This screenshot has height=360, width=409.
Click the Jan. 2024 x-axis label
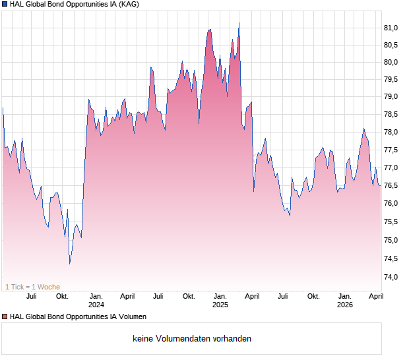click(x=96, y=300)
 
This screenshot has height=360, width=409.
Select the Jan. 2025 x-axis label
click(x=220, y=300)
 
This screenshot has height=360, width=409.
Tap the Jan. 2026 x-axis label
click(x=345, y=300)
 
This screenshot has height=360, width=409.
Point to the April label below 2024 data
click(x=127, y=296)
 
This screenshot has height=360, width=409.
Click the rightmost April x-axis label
click(x=375, y=296)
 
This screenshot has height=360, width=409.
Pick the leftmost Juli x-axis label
click(x=31, y=296)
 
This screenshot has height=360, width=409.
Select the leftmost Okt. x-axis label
click(x=62, y=296)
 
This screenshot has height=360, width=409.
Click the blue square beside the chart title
click(x=5, y=5)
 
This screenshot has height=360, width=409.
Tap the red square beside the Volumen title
click(x=5, y=317)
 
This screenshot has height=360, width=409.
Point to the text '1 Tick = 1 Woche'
click(x=32, y=287)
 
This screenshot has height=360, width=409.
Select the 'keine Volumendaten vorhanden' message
click(x=192, y=339)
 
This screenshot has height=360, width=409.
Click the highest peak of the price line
click(x=239, y=23)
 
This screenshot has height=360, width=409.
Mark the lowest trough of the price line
click(x=69, y=264)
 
